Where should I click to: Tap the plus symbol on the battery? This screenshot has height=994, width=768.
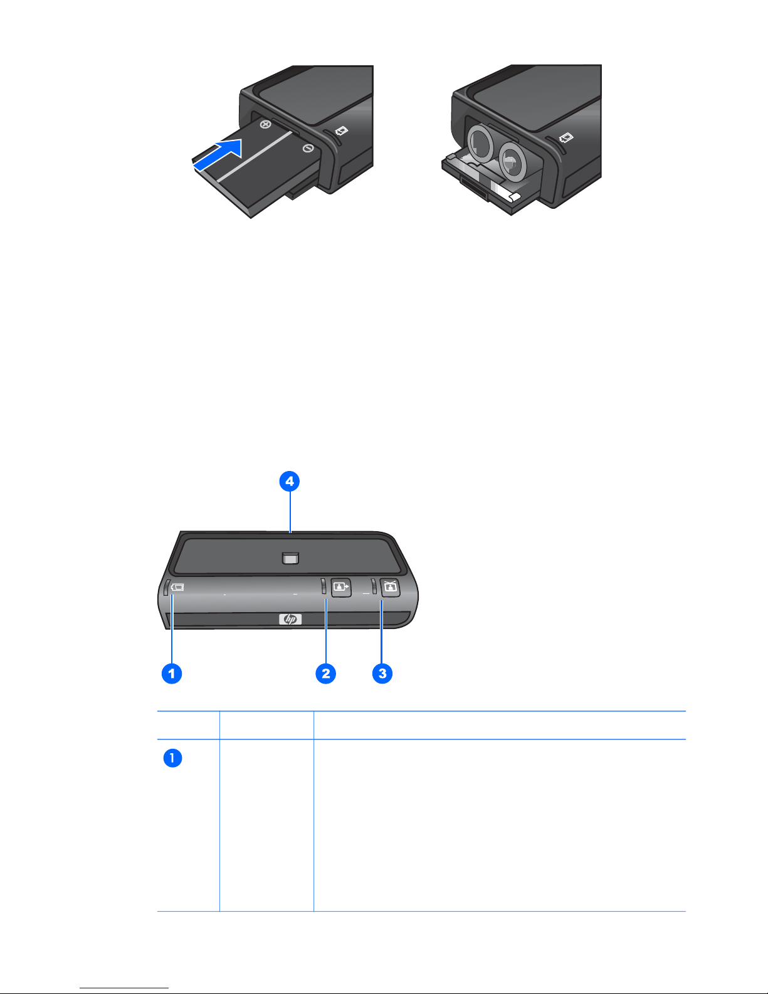265,124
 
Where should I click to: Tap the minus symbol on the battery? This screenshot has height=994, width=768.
308,148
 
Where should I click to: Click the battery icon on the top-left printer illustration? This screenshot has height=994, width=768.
342,131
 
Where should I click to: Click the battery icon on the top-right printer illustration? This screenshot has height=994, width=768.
566,137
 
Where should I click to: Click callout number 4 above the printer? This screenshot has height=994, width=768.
290,481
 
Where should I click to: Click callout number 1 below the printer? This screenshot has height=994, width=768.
172,674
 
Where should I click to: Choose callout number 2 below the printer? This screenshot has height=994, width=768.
326,674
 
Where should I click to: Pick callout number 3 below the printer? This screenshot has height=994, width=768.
382,674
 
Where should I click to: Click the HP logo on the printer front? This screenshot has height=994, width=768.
290,620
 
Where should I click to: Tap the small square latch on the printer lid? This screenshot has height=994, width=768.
290,558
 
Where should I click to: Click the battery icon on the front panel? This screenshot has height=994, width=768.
177,588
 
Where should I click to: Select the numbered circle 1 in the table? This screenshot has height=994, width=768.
173,758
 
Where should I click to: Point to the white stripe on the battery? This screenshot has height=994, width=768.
255,156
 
